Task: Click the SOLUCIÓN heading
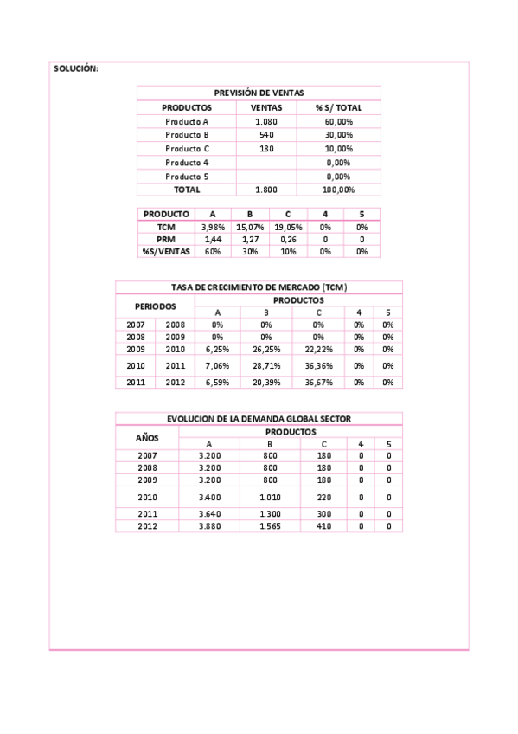click(x=76, y=68)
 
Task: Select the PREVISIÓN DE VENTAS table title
click(x=258, y=93)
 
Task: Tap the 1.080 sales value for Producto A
click(x=265, y=122)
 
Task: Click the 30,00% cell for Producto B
click(x=338, y=135)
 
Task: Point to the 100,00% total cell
click(x=338, y=190)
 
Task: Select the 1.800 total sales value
click(x=265, y=190)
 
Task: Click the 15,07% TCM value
click(x=249, y=227)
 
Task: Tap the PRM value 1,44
click(x=212, y=239)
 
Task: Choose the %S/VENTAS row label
click(x=166, y=251)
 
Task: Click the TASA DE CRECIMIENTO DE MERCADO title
click(x=259, y=287)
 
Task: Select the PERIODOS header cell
click(x=155, y=306)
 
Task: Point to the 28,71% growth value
click(x=266, y=366)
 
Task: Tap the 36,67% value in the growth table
click(x=318, y=382)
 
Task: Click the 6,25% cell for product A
click(x=218, y=349)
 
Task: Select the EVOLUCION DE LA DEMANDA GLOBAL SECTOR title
click(x=259, y=419)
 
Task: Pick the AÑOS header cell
click(x=147, y=437)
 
